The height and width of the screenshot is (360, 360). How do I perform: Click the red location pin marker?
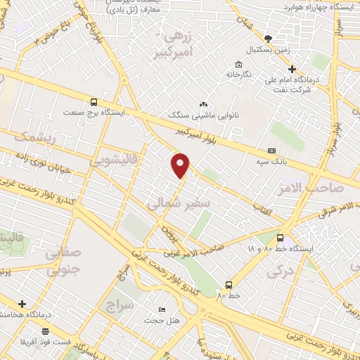tap(181, 165)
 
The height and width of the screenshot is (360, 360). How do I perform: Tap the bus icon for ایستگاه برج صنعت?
tap(94, 101)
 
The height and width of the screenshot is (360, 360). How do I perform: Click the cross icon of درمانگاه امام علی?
tap(292, 69)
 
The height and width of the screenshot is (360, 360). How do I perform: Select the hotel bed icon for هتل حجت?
tap(162, 309)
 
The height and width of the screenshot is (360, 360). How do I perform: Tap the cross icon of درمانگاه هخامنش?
tap(22, 304)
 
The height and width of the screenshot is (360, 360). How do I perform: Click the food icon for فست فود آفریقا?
tap(46, 330)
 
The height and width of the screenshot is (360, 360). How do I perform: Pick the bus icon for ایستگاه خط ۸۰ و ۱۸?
tap(280, 238)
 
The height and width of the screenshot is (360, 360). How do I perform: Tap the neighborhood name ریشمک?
tap(29, 136)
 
